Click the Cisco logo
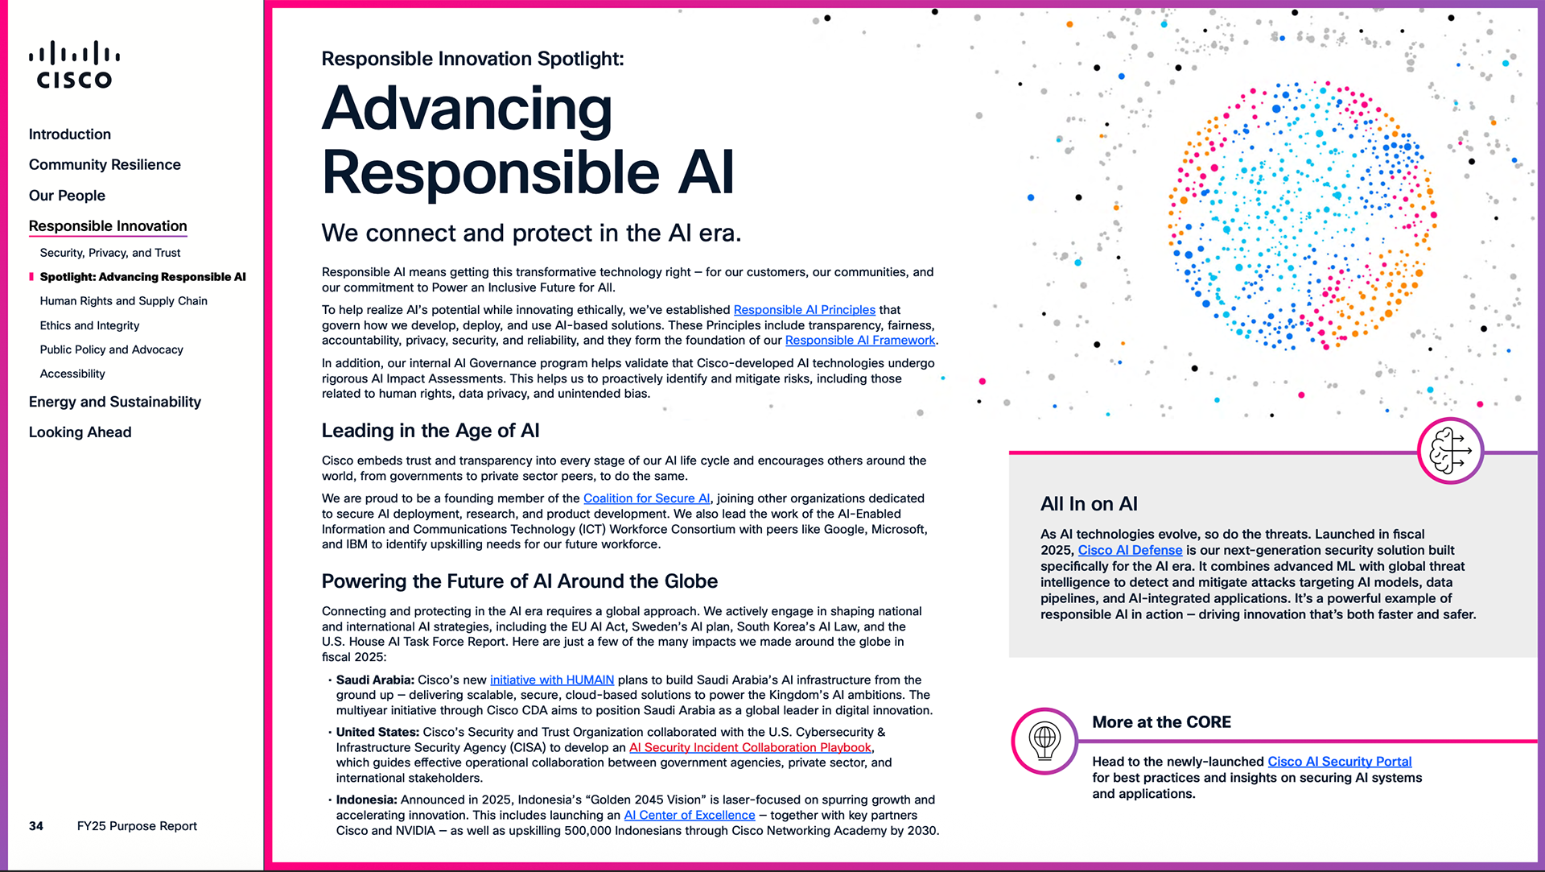pos(74,64)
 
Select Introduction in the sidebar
pos(70,134)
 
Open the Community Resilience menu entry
pos(105,165)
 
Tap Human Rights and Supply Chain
pos(124,301)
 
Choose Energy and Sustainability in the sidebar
pos(115,402)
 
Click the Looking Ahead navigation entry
pos(80,432)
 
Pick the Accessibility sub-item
pos(72,374)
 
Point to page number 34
pos(36,826)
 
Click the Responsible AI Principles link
pos(804,310)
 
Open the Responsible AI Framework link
pos(859,341)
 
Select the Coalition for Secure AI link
pos(646,498)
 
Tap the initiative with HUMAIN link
pos(552,680)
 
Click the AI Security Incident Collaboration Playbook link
pos(750,748)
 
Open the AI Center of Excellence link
pos(690,816)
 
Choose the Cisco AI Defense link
pos(1130,551)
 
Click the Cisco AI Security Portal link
pos(1339,762)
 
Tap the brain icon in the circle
pos(1450,451)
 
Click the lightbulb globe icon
pos(1044,741)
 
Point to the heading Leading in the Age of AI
pos(431,431)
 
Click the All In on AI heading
pos(1089,504)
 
